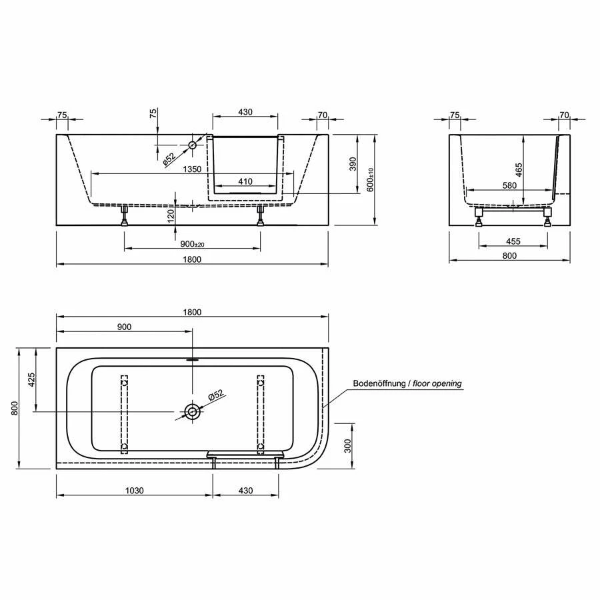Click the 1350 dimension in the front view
pyautogui.click(x=192, y=169)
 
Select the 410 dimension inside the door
pyautogui.click(x=246, y=181)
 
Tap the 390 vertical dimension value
pyautogui.click(x=353, y=163)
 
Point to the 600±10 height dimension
pyautogui.click(x=371, y=179)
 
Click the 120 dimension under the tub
pyautogui.click(x=171, y=215)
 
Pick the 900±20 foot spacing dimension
pyautogui.click(x=193, y=245)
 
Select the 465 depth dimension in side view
pyautogui.click(x=519, y=168)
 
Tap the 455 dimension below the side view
pyautogui.click(x=513, y=241)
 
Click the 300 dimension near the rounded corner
pyautogui.click(x=347, y=446)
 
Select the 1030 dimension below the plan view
pyautogui.click(x=134, y=491)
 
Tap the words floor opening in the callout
pyautogui.click(x=437, y=383)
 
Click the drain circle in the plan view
pyautogui.click(x=192, y=411)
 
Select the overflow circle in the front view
pyautogui.click(x=192, y=145)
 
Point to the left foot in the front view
pyautogui.click(x=124, y=215)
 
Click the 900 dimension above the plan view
pyautogui.click(x=124, y=327)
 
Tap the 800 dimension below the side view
pyautogui.click(x=509, y=255)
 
